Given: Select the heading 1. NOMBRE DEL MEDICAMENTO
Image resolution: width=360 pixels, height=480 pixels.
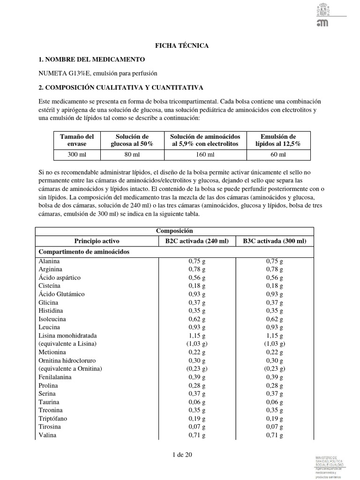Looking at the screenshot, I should (91, 60).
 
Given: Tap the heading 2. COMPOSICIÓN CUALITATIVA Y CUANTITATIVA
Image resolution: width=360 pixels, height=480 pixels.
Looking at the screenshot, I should (120, 87).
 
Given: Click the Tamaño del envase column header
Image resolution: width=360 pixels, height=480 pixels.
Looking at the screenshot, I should (77, 140).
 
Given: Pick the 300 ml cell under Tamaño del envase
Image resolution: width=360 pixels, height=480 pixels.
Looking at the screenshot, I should (77, 154).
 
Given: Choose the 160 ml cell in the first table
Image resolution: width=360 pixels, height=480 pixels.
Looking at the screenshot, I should (205, 154).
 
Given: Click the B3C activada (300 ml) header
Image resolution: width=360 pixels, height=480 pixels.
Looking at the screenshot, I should (274, 241).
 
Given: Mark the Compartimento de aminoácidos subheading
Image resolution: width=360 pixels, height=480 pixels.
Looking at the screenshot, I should (84, 252).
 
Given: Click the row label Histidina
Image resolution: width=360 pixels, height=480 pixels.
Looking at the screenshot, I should (51, 311).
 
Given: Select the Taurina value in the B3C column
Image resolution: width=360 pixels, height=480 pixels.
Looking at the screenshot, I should (274, 402).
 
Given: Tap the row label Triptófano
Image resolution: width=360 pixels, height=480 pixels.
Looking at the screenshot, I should (53, 419).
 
